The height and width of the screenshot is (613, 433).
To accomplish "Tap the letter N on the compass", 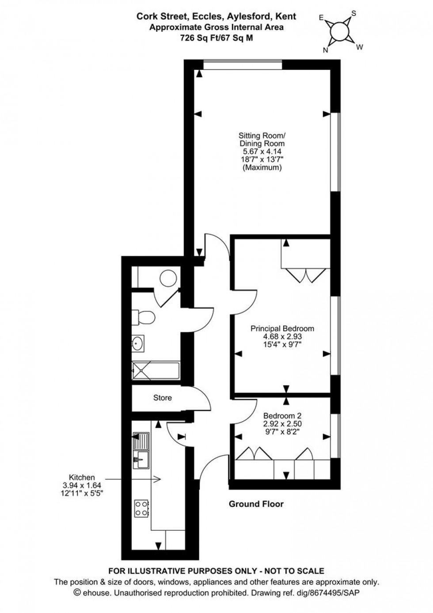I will [x=326, y=50].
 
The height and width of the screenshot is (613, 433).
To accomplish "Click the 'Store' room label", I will [x=163, y=398].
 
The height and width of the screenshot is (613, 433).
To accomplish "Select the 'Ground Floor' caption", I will [x=256, y=504].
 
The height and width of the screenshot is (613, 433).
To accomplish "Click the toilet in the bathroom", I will [x=144, y=317].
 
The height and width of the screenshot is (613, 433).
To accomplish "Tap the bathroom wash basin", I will [x=138, y=343].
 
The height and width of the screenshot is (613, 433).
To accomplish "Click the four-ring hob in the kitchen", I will [x=141, y=508].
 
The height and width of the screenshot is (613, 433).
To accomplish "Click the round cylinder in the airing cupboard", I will [x=168, y=279].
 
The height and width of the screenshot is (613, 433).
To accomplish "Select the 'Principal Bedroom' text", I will [x=282, y=328].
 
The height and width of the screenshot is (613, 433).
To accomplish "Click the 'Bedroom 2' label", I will [x=282, y=415].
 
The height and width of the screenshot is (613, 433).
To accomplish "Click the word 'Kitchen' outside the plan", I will [x=82, y=477].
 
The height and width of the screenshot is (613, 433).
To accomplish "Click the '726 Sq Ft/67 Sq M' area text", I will [x=216, y=38].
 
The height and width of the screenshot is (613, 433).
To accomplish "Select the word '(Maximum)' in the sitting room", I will [x=262, y=168].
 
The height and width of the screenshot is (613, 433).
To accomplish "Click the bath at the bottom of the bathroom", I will [x=155, y=370].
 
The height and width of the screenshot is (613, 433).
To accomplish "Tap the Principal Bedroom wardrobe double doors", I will [x=306, y=275].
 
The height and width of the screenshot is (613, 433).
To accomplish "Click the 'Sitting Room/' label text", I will [x=262, y=135].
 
